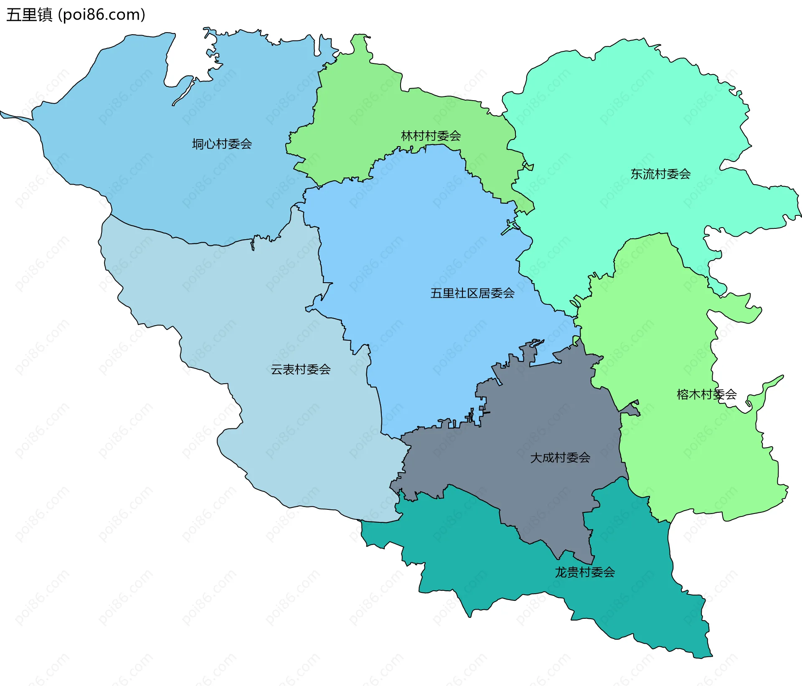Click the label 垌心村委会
click(x=222, y=144)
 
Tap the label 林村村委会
click(x=431, y=136)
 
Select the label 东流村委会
click(x=660, y=174)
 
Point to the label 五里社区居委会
click(x=472, y=293)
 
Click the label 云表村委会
click(x=300, y=370)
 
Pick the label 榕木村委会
click(x=706, y=395)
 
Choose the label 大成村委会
click(x=560, y=458)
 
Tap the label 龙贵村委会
click(x=584, y=572)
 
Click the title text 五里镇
click(x=29, y=15)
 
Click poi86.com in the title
click(x=102, y=15)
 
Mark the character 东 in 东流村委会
click(x=636, y=174)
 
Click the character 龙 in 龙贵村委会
click(x=561, y=572)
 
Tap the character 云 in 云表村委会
click(x=277, y=370)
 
